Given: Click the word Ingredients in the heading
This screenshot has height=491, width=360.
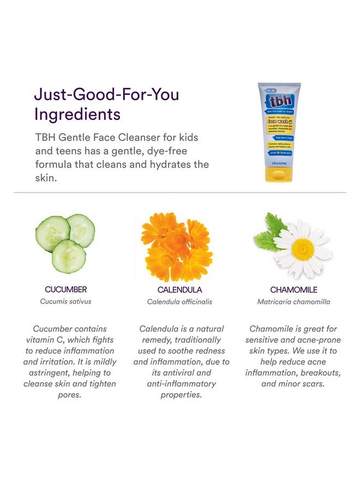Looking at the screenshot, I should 77,115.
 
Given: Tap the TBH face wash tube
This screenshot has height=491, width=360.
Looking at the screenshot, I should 279,131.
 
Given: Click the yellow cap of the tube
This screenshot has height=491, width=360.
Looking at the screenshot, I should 279,174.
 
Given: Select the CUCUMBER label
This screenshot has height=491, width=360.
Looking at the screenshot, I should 65,290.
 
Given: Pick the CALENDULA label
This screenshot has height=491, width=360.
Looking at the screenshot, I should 179,290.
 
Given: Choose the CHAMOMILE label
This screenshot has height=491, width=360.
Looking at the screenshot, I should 293,290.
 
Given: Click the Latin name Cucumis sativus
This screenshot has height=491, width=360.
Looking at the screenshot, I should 65,301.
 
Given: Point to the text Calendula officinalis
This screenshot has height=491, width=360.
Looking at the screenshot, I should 179,302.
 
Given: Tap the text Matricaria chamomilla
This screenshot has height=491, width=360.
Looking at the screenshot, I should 293,302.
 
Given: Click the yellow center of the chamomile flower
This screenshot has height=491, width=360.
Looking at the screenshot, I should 303,249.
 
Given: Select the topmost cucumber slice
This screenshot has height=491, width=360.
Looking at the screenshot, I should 81,230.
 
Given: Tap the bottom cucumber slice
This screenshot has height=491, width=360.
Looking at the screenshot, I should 69,256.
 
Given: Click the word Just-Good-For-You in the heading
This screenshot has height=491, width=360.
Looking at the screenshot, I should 106,94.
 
